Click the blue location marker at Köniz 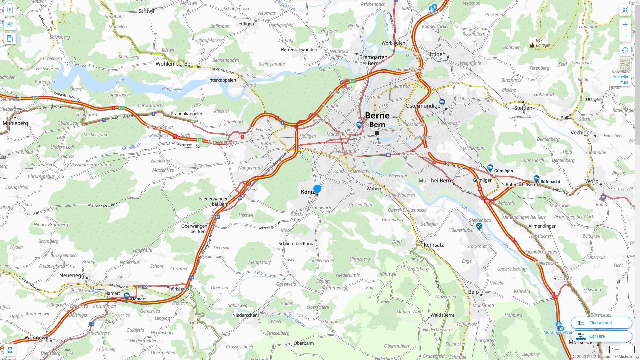317,189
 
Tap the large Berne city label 377,116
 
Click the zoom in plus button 625,24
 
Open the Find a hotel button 601,323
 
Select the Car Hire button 601,336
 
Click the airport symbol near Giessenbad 479,226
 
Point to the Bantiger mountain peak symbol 532,45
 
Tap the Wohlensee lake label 172,89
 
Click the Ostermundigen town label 424,106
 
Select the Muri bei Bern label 434,180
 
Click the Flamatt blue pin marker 127,296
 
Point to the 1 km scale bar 622,349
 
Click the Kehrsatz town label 433,245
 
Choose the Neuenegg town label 72,275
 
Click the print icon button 10,350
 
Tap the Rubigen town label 563,278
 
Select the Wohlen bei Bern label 175,64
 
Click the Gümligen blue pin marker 490,168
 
